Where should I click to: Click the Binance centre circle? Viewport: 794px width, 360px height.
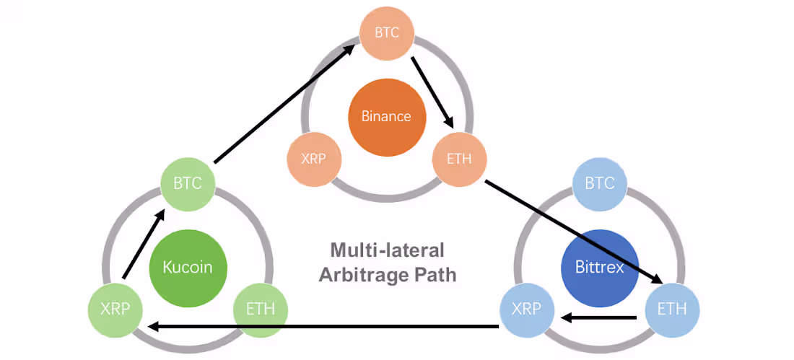click(x=386, y=116)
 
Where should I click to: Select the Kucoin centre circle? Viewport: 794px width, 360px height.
click(x=188, y=266)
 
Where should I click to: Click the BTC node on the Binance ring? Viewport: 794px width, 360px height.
click(x=387, y=32)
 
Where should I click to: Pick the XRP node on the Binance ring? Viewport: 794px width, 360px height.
click(x=314, y=158)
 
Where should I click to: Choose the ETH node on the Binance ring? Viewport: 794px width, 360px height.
click(x=459, y=158)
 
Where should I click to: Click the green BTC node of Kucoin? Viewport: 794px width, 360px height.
click(x=188, y=183)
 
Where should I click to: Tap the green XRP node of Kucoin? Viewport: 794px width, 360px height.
click(x=115, y=309)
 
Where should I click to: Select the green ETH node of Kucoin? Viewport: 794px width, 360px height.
click(x=261, y=309)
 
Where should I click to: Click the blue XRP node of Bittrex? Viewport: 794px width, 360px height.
click(x=528, y=309)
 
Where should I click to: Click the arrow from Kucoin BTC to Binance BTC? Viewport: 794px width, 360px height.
click(x=284, y=103)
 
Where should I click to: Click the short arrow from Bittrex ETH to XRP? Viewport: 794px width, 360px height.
click(x=599, y=317)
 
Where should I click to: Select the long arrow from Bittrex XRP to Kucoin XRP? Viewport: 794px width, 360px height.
click(x=323, y=327)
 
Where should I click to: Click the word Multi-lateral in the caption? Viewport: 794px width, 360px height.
click(x=387, y=250)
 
